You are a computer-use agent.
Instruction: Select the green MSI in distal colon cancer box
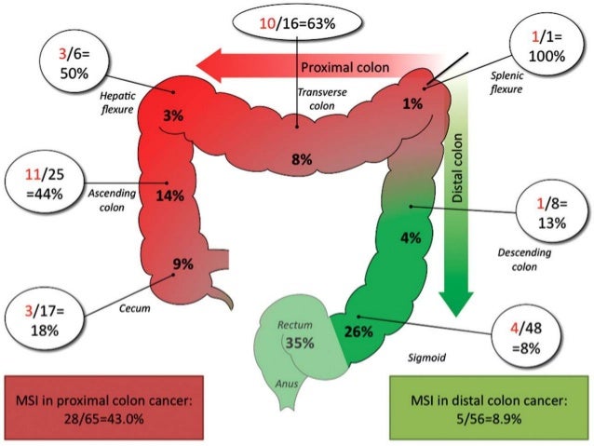click(486, 408)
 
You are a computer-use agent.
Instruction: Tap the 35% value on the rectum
click(300, 342)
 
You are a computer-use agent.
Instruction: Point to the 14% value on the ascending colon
click(170, 196)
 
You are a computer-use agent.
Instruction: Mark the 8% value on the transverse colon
click(302, 159)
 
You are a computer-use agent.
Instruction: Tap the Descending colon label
click(524, 260)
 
